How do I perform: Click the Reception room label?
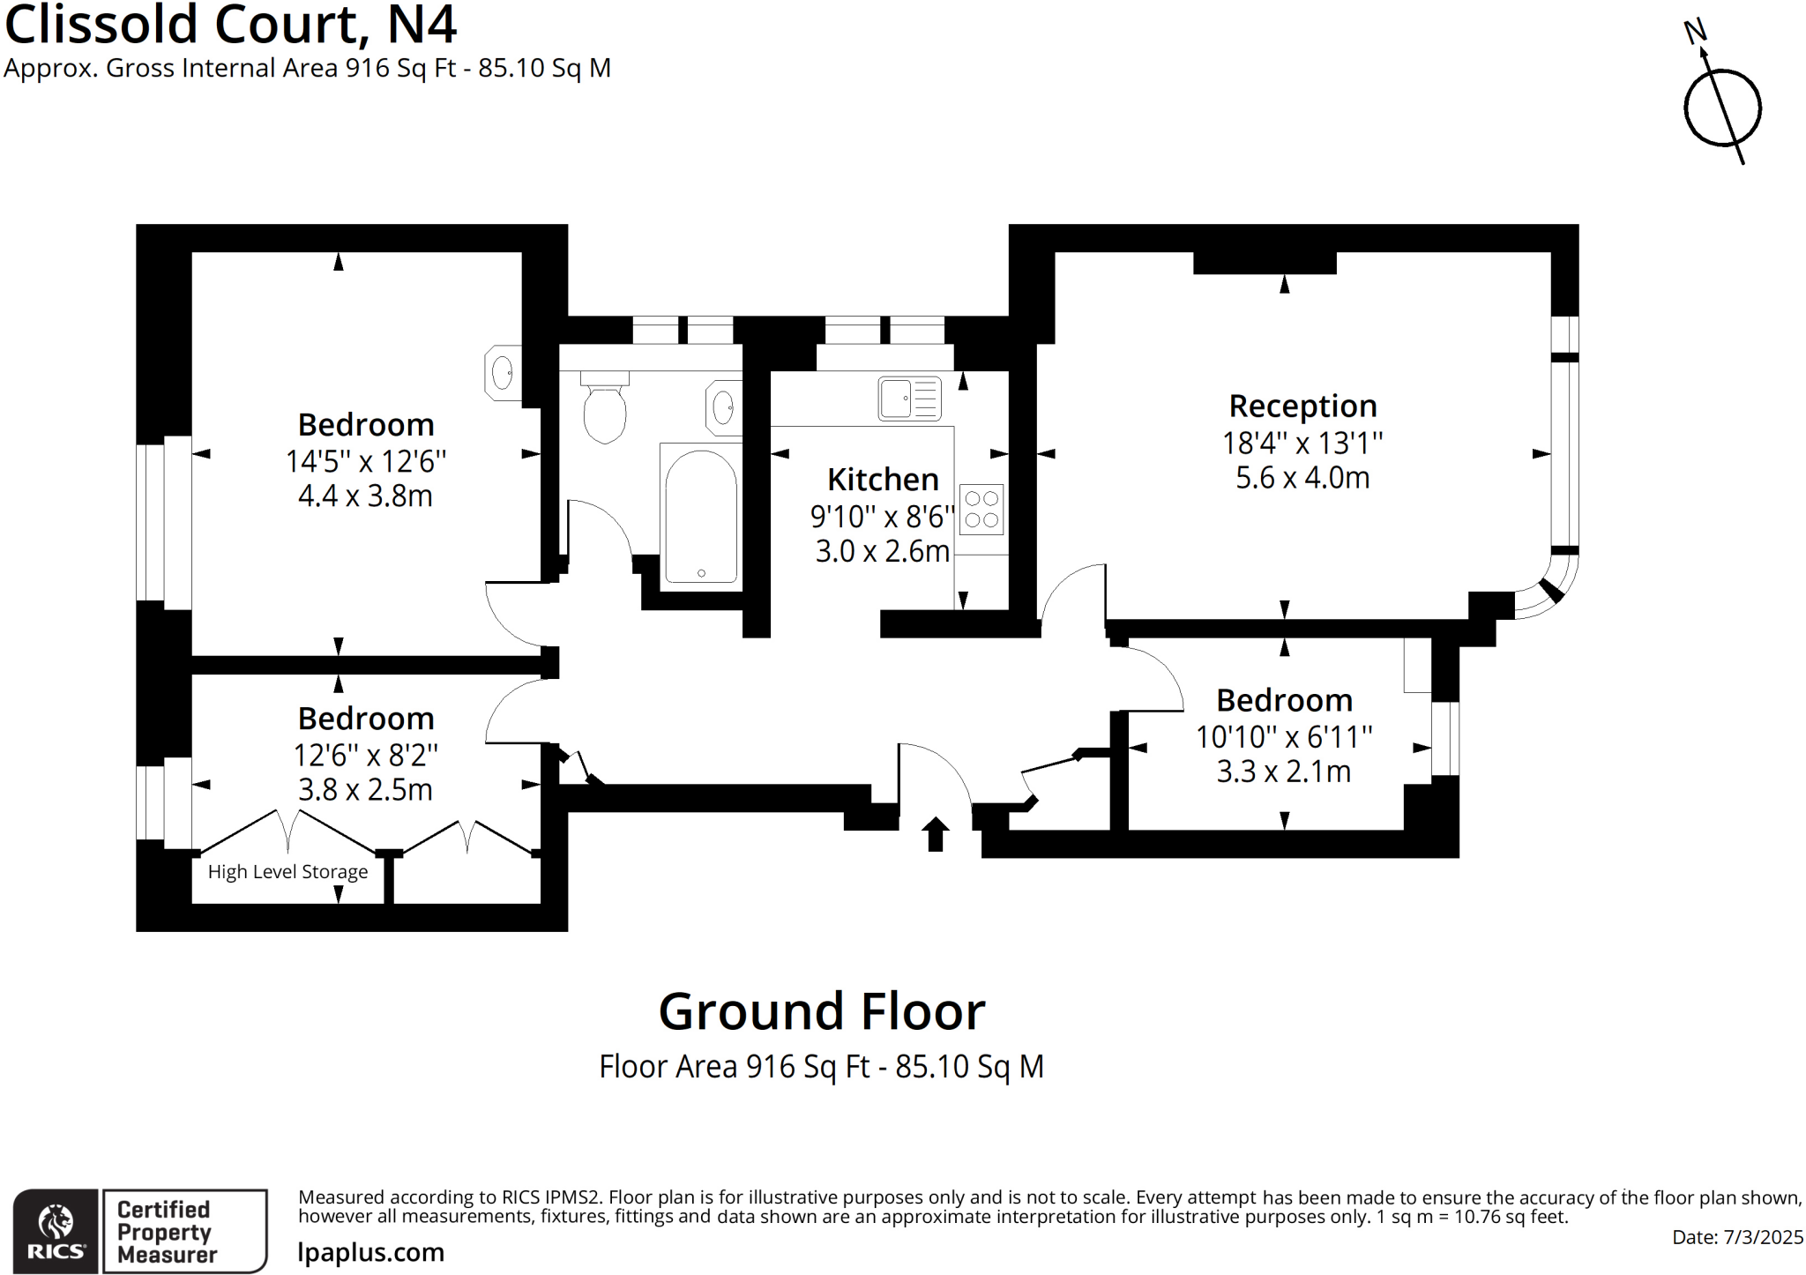[x=1302, y=406]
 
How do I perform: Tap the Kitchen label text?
[x=883, y=480]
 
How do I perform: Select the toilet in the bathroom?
[x=604, y=410]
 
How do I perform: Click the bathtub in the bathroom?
[x=700, y=515]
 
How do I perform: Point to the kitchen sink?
[x=909, y=399]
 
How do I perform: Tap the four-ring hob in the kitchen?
[x=981, y=509]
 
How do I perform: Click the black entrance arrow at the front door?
[x=936, y=834]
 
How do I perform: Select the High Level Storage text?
[x=287, y=872]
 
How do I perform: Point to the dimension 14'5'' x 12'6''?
[x=365, y=461]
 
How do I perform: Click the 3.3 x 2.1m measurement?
[x=1283, y=772]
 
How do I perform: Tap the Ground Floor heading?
[x=821, y=1011]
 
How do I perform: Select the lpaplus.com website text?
[x=370, y=1252]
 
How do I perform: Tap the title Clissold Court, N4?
[x=231, y=25]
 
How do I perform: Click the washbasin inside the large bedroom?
[x=503, y=372]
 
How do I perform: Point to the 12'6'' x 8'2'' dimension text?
[x=365, y=755]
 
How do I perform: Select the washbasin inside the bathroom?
[x=723, y=408]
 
